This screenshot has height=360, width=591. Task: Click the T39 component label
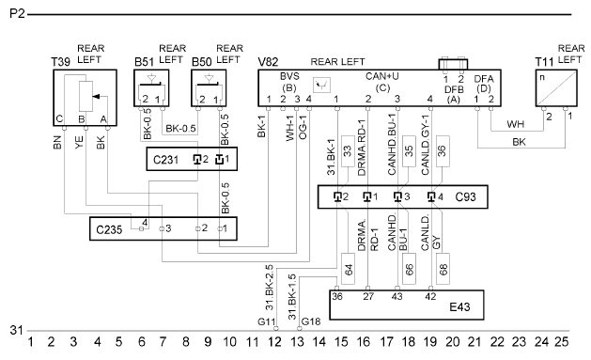coord(61,62)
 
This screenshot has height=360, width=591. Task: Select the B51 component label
coord(144,62)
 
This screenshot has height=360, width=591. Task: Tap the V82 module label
coord(268,62)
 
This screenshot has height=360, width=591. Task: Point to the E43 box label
coord(459,306)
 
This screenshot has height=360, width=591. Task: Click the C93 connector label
coord(465,196)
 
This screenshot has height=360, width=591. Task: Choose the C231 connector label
coord(165,160)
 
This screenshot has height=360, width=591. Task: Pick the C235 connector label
coord(109,229)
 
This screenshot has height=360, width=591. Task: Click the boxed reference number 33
coord(348,150)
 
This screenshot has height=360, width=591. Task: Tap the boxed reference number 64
coord(349,269)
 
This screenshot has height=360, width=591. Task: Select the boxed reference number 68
coord(443,269)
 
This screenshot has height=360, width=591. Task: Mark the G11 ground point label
coord(267,321)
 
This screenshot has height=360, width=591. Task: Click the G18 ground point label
coord(311,321)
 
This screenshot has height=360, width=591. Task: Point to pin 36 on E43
coord(337,297)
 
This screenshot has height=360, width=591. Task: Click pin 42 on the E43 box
coord(430,297)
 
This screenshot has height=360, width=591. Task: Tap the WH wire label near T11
coord(515,124)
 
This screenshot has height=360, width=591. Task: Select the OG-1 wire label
coord(303,127)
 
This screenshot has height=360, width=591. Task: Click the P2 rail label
coord(17,14)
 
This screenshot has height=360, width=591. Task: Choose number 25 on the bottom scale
coord(561,342)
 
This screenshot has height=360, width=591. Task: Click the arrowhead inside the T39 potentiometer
coord(96,97)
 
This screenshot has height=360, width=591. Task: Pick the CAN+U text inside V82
coord(382,76)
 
